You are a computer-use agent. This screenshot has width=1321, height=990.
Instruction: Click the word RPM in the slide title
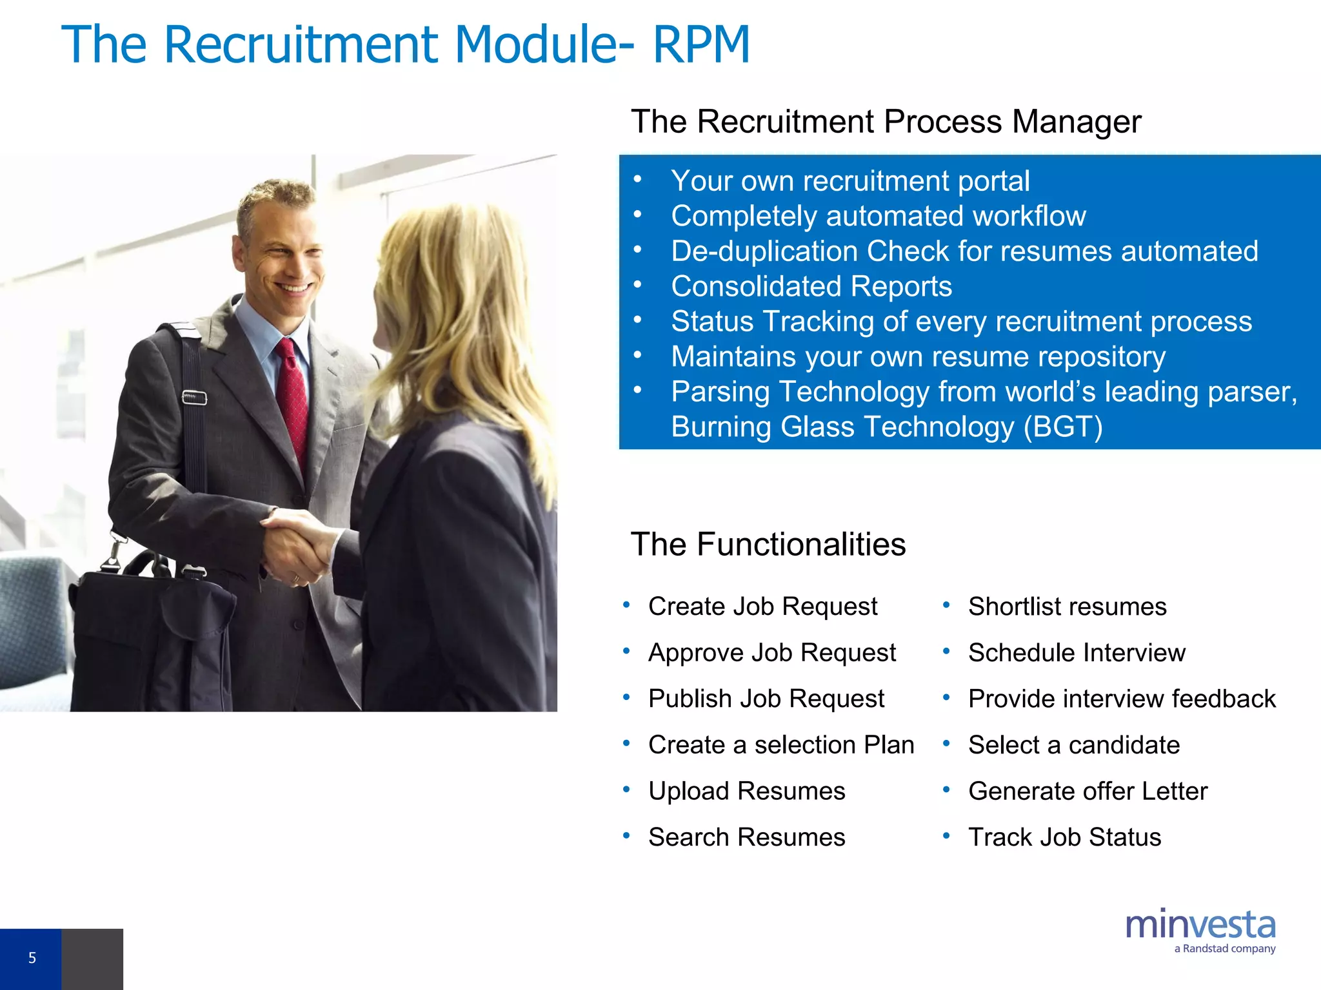point(701,45)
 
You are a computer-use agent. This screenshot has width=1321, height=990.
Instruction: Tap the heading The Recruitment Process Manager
point(886,122)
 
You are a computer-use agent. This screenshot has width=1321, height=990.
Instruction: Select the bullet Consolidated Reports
point(811,286)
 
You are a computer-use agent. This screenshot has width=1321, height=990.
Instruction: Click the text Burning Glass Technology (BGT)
point(886,427)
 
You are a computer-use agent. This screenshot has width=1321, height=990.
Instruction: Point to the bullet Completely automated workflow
point(878,216)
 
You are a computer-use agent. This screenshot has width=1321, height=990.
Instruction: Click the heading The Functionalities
point(768,544)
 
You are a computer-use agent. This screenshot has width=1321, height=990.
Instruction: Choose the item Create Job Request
point(762,607)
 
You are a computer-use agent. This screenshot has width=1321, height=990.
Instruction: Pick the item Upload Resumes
point(746,791)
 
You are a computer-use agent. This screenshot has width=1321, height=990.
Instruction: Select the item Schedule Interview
point(1076,653)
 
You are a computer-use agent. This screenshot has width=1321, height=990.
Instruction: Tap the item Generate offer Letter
point(1088,791)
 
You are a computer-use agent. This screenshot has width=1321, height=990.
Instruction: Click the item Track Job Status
point(1064,837)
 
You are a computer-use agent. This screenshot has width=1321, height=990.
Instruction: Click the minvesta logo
point(1200,925)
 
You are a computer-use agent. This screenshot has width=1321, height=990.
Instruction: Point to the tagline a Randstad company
point(1224,949)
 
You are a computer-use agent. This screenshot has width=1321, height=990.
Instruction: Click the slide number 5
point(32,958)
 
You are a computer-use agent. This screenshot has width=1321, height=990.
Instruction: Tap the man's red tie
point(292,393)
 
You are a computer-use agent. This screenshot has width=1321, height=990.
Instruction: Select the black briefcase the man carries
point(152,638)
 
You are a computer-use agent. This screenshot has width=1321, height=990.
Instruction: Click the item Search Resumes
point(746,837)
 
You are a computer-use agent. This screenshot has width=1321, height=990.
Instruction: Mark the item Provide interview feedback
point(1122,699)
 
